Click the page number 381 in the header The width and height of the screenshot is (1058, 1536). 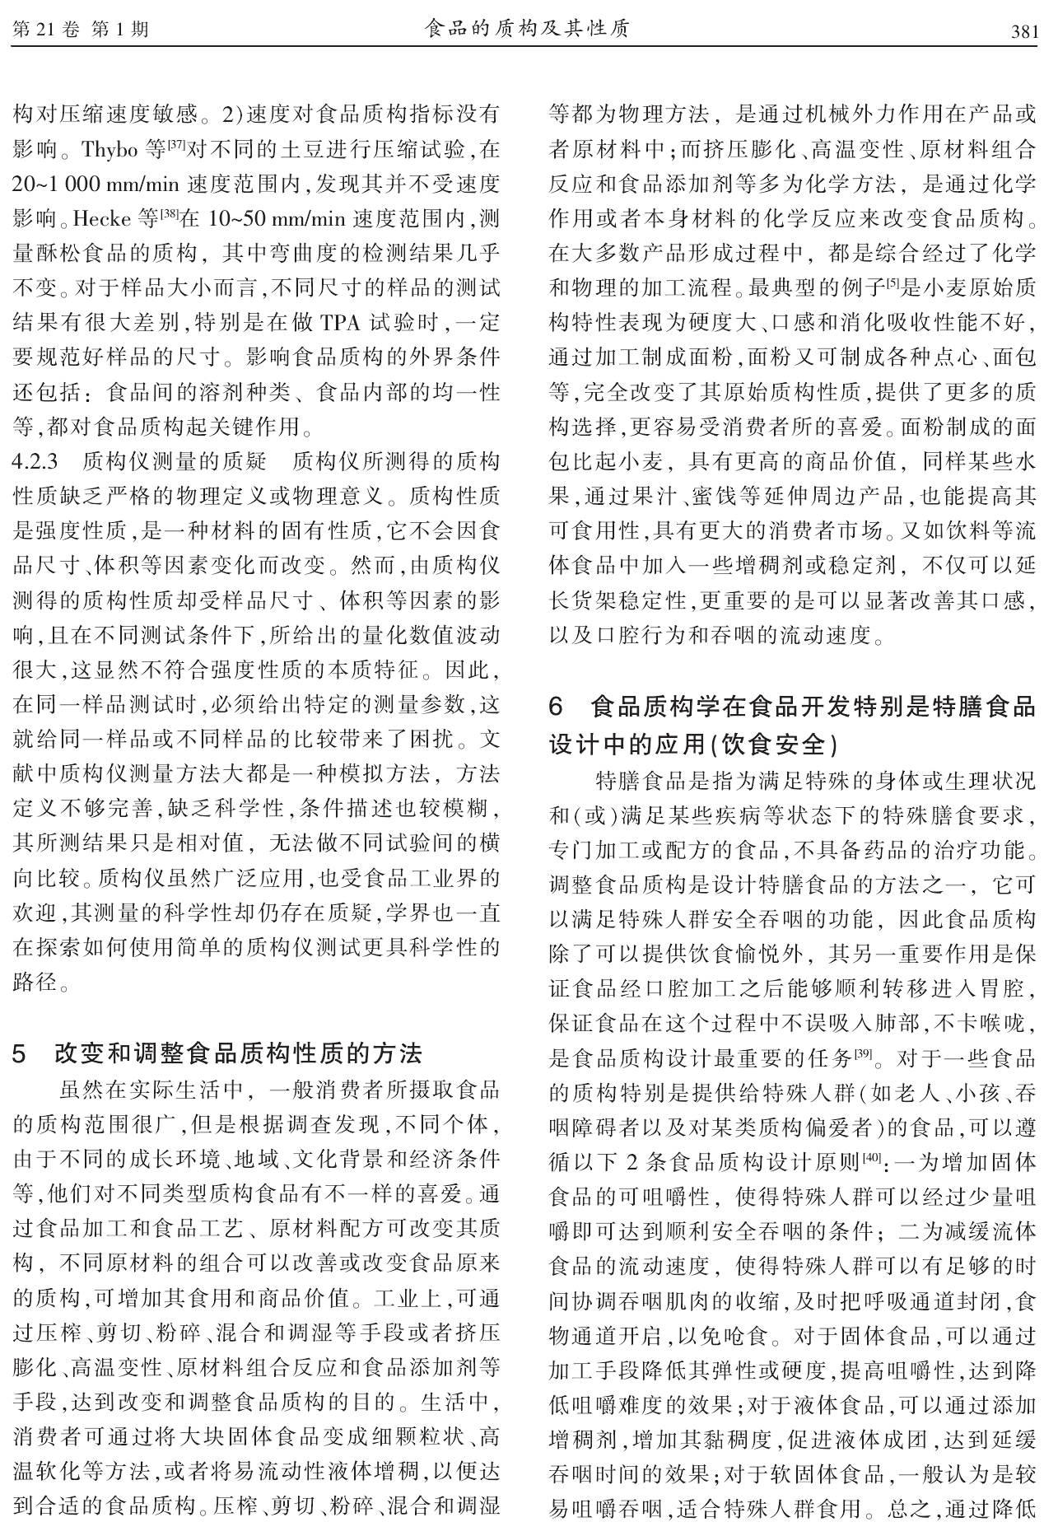point(1023,32)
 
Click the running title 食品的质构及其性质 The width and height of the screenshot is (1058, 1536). point(527,30)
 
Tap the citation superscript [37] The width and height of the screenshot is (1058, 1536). point(177,146)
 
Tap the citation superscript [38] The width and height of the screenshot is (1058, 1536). point(169,216)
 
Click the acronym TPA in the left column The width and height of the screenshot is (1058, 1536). point(339,324)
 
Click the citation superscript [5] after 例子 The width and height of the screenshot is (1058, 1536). point(892,283)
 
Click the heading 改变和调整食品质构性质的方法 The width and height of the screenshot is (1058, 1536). point(239,1053)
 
